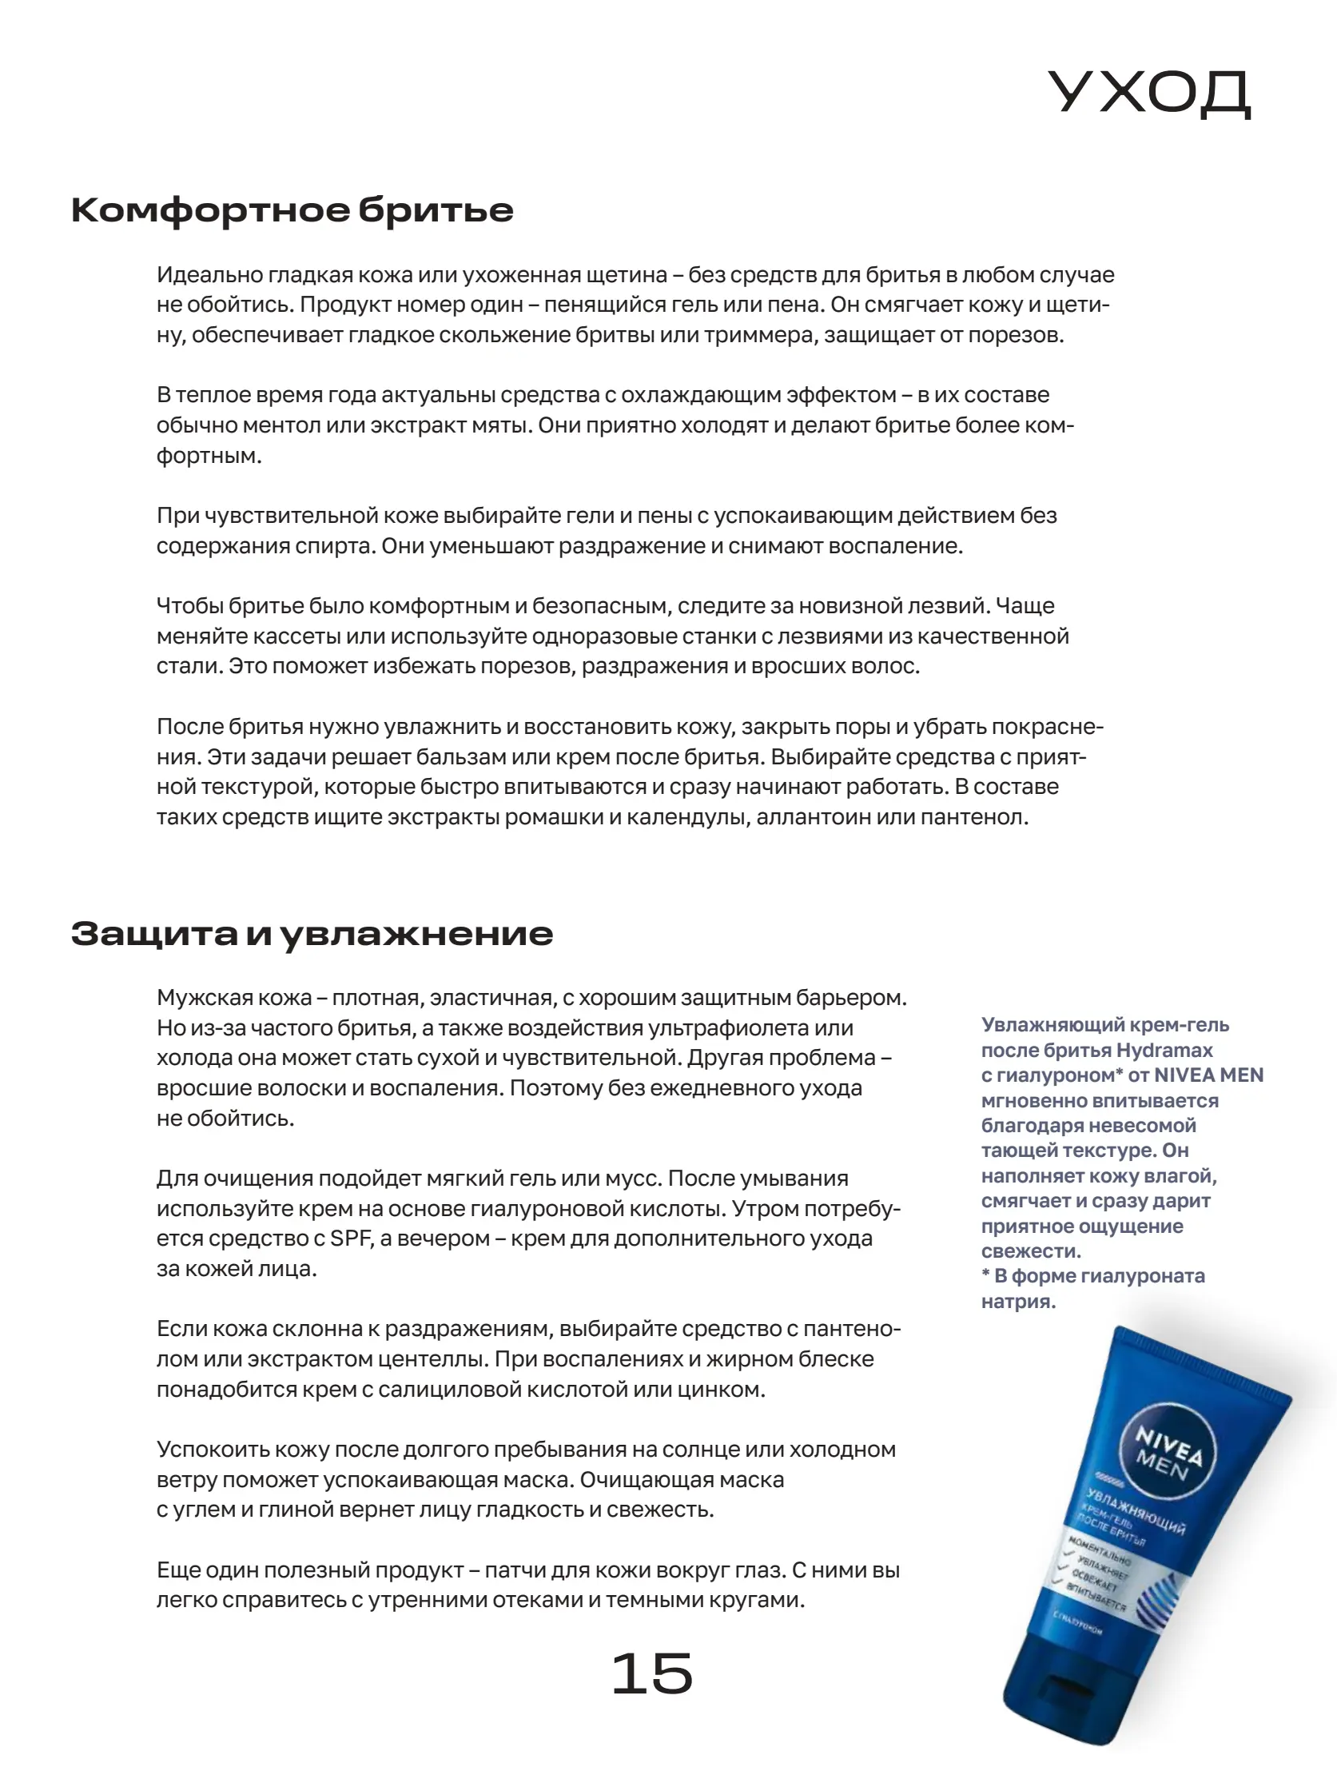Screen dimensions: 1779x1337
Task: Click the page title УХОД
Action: pos(1149,93)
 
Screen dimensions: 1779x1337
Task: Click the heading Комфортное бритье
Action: pos(292,210)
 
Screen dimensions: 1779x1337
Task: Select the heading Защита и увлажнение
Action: pos(312,933)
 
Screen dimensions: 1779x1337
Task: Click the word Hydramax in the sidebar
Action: pos(1164,1051)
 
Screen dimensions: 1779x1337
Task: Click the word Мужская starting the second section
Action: pos(204,997)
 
